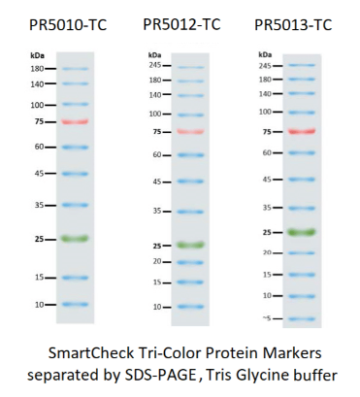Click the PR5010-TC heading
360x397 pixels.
[x=68, y=25]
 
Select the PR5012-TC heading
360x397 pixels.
[x=181, y=24]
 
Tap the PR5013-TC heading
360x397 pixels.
[x=293, y=25]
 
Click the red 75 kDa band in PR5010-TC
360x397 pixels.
[x=75, y=122]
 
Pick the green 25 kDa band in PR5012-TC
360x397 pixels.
[x=190, y=245]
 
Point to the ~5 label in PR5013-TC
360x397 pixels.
[x=267, y=318]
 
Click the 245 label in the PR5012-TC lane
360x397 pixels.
[x=155, y=65]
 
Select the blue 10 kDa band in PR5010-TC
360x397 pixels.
[x=75, y=304]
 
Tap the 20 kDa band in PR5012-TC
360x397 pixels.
[x=190, y=262]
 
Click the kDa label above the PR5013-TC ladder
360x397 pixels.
[x=265, y=54]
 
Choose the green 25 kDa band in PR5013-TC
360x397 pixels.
[x=302, y=232]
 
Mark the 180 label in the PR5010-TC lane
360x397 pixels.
[x=37, y=69]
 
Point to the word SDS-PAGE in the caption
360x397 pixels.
[x=160, y=376]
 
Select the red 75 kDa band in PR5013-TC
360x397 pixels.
[x=302, y=131]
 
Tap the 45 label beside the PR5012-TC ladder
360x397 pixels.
[x=157, y=182]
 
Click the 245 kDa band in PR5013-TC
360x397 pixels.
[x=302, y=65]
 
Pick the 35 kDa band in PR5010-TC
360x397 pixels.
[x=75, y=205]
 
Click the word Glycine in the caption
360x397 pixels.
[x=257, y=376]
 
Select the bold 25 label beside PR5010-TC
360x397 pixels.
[x=39, y=240]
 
